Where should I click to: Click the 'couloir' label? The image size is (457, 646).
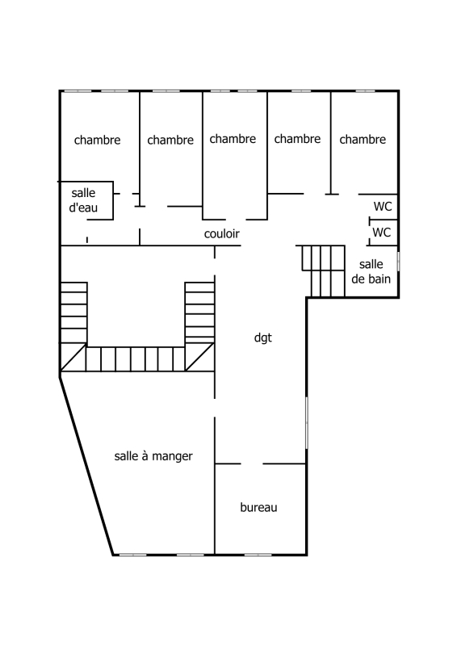coord(222,233)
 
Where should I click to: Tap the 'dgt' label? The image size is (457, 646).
coord(263,338)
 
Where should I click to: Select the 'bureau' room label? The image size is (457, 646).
coord(258,507)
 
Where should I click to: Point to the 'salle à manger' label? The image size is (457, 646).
coord(153,456)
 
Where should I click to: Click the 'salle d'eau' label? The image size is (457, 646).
coord(83,200)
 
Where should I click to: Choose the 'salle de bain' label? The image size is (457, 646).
coord(371,271)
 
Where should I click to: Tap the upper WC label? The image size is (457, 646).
coord(383,206)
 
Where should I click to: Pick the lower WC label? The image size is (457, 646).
coord(381,233)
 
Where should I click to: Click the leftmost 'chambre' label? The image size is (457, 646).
coord(97,140)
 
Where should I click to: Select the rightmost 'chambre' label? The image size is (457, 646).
coord(363,140)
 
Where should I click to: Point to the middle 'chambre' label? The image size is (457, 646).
coord(233,139)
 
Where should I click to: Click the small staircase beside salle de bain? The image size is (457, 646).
coord(324,271)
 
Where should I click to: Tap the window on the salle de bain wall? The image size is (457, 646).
coord(398,262)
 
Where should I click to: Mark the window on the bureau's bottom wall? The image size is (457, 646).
coord(258,555)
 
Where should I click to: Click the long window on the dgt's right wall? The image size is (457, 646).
coord(307,422)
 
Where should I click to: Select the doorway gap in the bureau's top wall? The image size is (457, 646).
coord(252,464)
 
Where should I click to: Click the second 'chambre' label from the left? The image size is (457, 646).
coord(170,140)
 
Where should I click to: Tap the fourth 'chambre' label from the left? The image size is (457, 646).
coord(297,139)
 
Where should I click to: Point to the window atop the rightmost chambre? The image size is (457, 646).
coord(365,90)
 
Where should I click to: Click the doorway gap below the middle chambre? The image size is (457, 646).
coord(236,219)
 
